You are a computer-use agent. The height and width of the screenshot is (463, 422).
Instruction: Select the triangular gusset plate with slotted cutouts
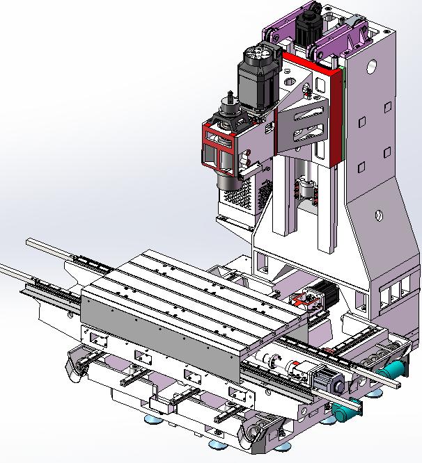point(302,125)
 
